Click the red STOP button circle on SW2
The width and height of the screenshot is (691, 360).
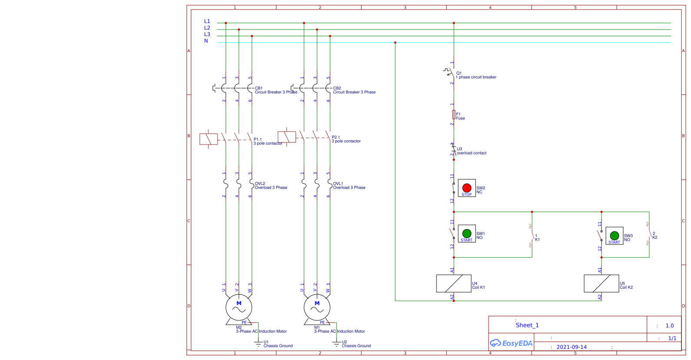pos(466,188)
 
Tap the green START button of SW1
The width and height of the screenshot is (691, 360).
pos(466,233)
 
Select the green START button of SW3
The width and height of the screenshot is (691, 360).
pos(614,235)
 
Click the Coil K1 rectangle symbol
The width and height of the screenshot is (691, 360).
pos(453,283)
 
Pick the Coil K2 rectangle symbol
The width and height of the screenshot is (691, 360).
pos(601,283)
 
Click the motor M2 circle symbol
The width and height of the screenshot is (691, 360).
pos(238,307)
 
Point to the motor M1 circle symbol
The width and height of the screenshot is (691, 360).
pos(317,307)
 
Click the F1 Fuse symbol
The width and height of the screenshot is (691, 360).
pos(454,114)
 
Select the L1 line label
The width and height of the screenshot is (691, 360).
pos(207,21)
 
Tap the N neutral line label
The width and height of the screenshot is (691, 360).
pos(206,41)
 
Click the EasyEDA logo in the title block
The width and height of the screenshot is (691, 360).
pos(511,343)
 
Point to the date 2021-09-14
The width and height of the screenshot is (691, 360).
pos(571,347)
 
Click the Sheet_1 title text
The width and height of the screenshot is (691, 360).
pos(527,325)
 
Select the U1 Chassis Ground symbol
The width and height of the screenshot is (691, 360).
pos(258,344)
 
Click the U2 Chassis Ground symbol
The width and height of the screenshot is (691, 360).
pos(337,344)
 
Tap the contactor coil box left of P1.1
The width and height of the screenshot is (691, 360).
pos(208,139)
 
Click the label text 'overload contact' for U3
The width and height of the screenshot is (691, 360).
pos(471,153)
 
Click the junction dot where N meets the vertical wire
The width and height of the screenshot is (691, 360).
pos(395,43)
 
